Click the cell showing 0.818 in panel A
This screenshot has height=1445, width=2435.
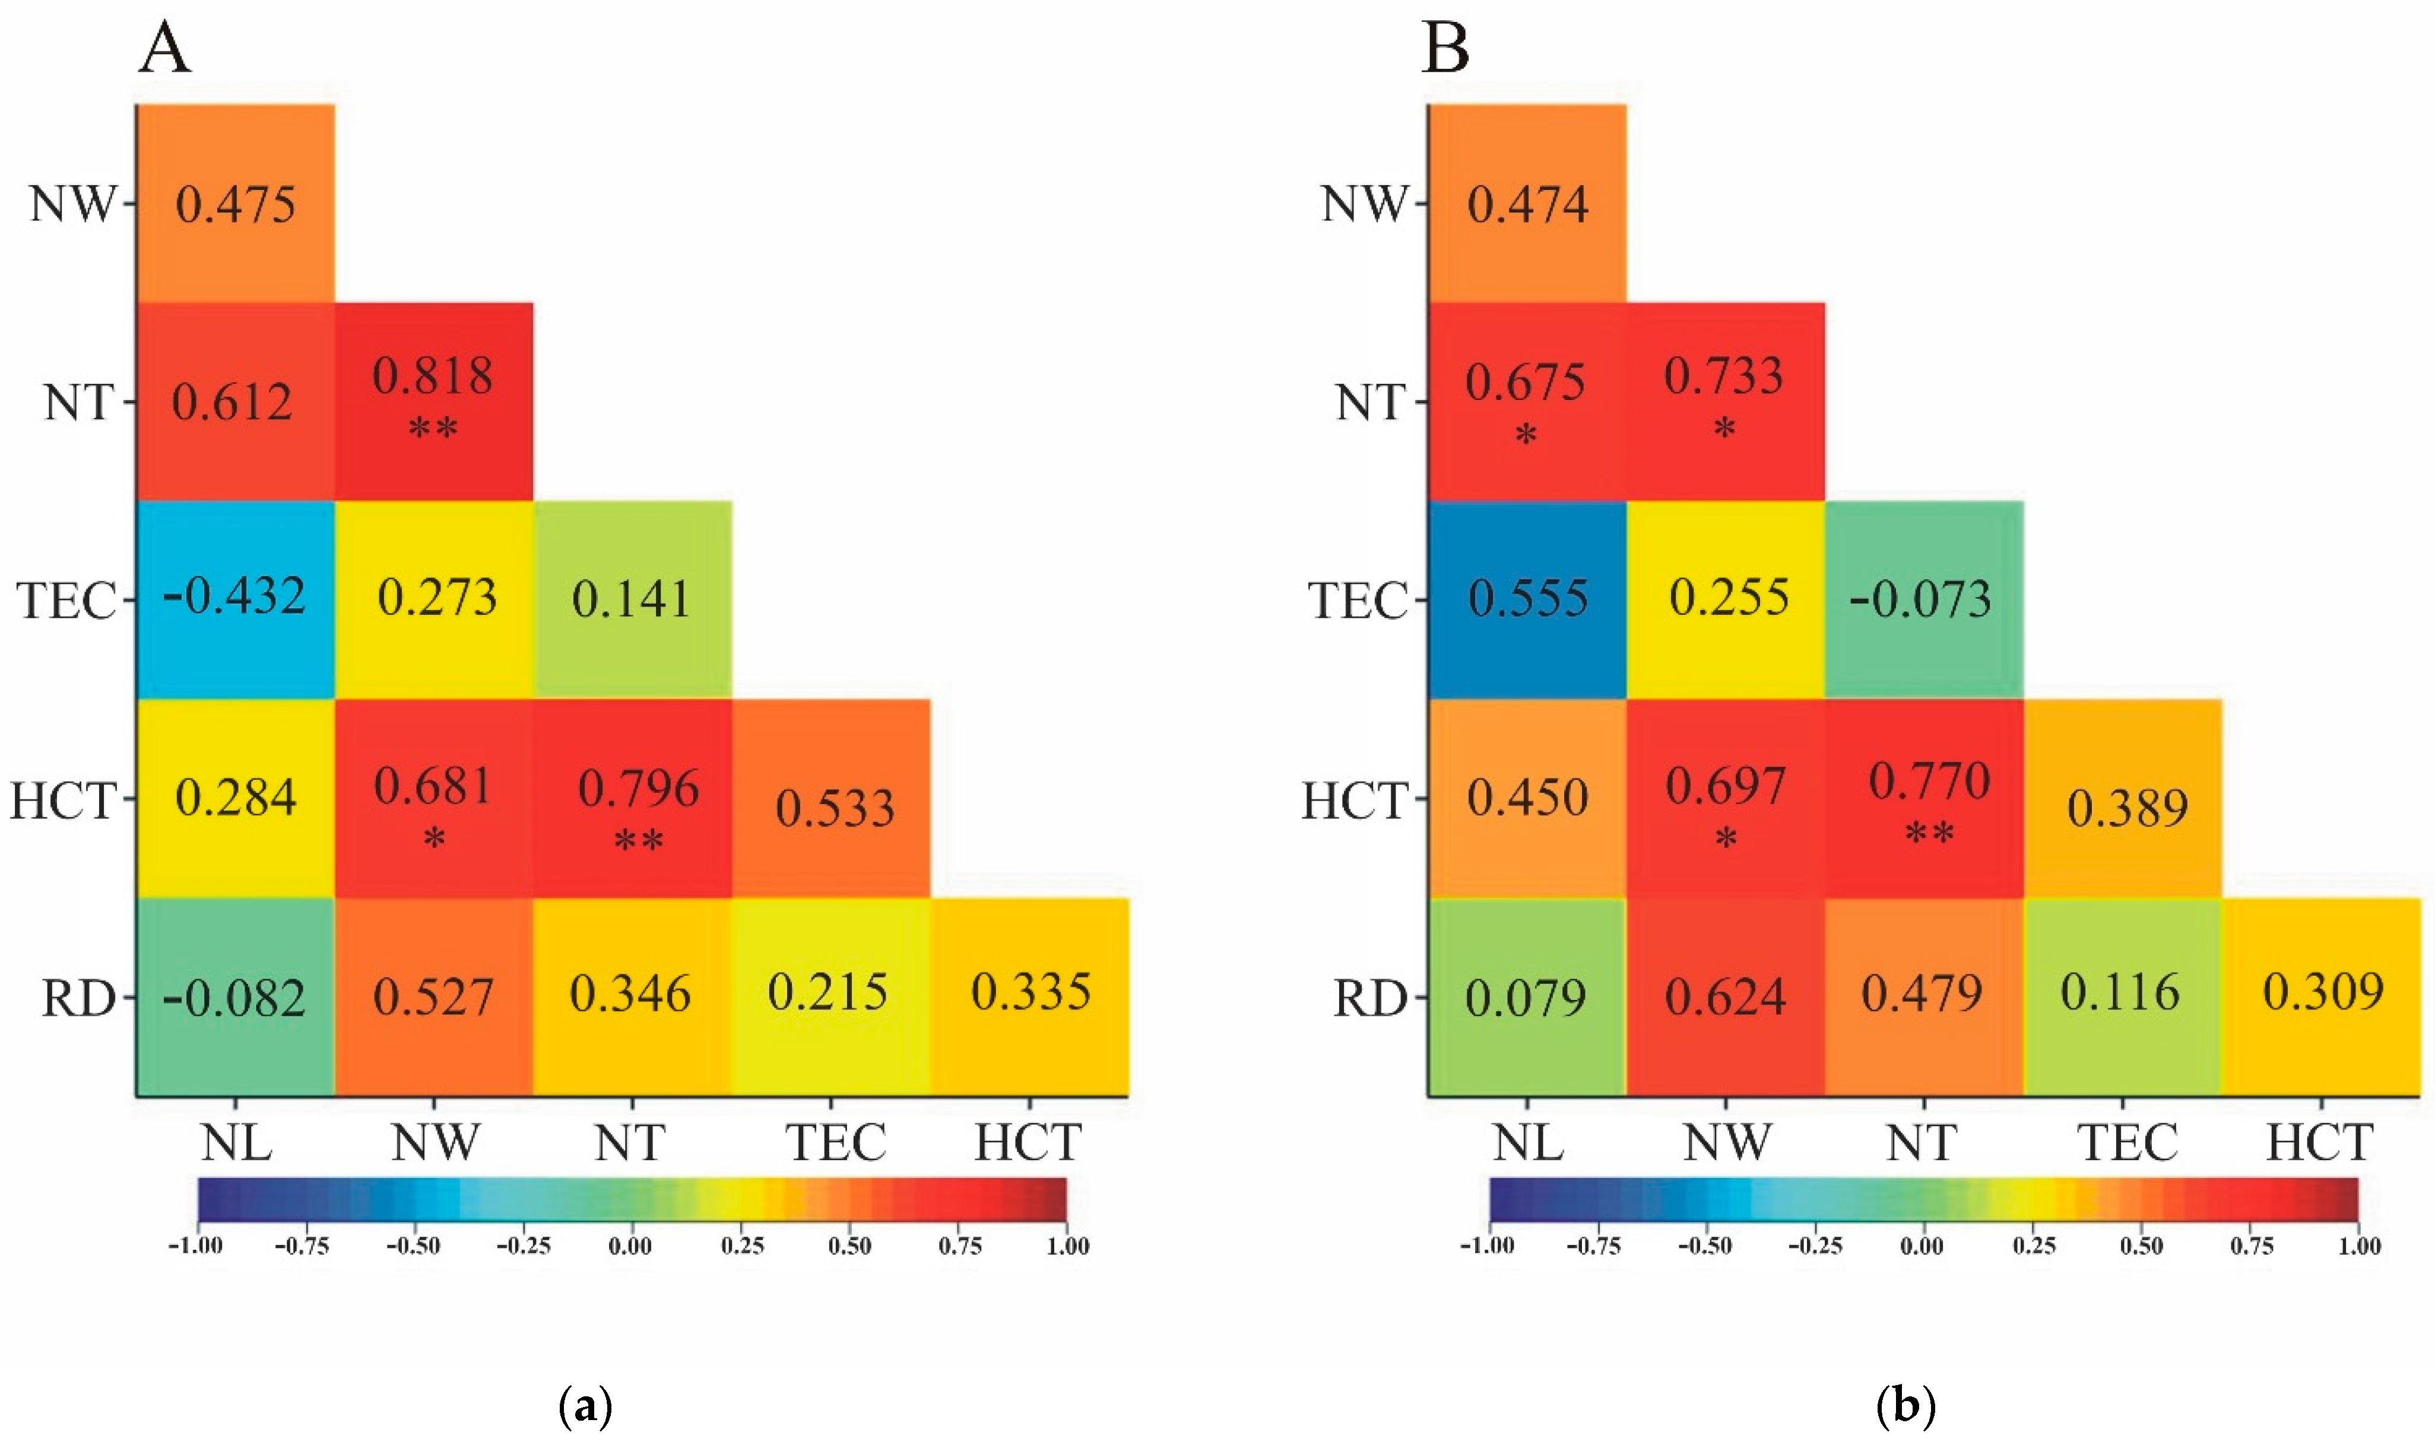(x=433, y=401)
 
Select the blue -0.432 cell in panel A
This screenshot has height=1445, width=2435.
(x=234, y=599)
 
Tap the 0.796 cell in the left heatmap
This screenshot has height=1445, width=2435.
(x=632, y=798)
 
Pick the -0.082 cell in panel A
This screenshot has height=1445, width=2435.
(x=234, y=996)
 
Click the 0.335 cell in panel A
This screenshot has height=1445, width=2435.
(x=1029, y=996)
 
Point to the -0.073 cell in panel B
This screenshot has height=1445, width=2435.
(x=1924, y=599)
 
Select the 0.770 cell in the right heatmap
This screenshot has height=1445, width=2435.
(x=1924, y=798)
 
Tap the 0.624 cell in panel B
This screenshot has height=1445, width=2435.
(x=1725, y=996)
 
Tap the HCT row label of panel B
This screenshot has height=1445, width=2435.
(x=1355, y=801)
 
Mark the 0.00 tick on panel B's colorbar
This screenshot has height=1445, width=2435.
(x=1922, y=1246)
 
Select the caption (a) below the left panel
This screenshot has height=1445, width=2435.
(x=586, y=1407)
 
